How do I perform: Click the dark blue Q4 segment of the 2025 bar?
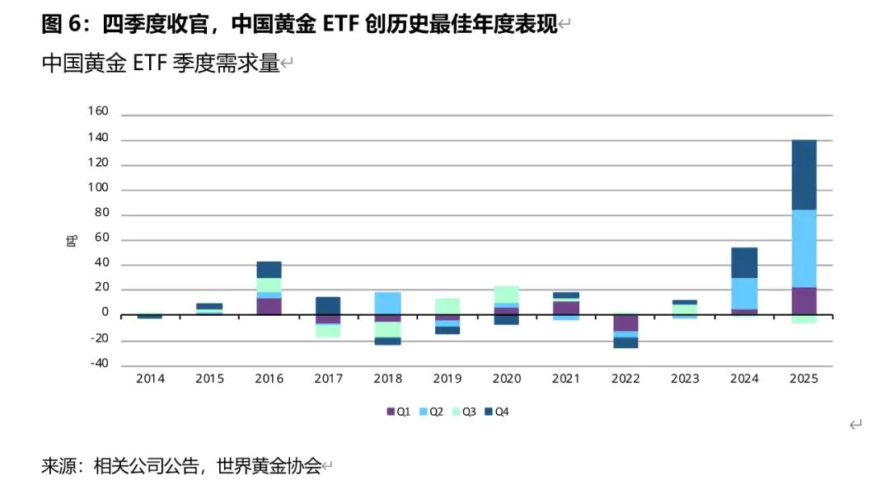point(803,175)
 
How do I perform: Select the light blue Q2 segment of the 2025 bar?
point(803,248)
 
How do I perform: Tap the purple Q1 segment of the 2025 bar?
point(803,301)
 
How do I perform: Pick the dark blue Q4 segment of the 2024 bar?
point(744,262)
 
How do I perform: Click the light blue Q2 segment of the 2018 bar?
point(388,303)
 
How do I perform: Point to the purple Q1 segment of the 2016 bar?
point(269,306)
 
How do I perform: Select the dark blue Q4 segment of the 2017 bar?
point(329,305)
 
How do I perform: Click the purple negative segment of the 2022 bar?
point(625,323)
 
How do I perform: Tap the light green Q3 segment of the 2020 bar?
point(507,294)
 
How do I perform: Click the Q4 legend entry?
point(497,412)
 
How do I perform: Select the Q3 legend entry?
point(464,412)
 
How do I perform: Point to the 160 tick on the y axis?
point(98,111)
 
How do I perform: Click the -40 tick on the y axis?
point(98,364)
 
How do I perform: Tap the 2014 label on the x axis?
point(151,379)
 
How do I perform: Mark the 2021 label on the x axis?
point(566,379)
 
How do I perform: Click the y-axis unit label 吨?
point(73,241)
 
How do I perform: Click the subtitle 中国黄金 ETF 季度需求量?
point(162,64)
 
